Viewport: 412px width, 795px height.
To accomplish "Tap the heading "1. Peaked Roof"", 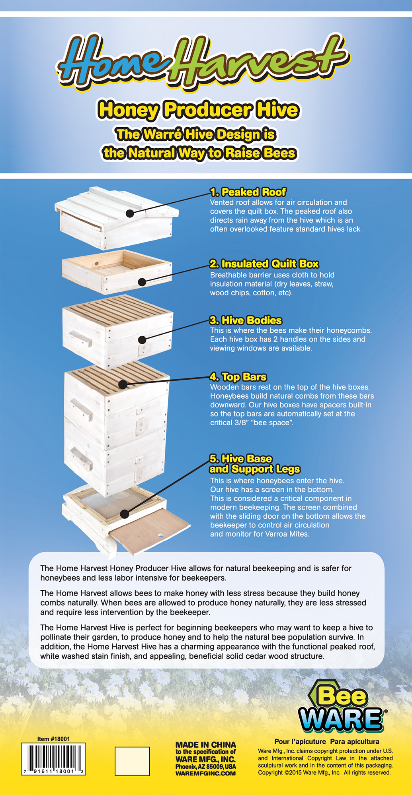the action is [x=248, y=192].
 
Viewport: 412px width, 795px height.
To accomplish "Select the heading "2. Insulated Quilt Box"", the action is [x=264, y=264].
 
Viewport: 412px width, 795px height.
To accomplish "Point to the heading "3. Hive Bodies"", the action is [x=246, y=320].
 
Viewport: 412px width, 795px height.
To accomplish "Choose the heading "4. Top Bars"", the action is [x=238, y=377].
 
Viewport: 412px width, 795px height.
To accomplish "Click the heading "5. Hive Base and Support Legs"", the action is [x=255, y=464].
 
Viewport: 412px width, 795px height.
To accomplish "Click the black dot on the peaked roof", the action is [x=129, y=213].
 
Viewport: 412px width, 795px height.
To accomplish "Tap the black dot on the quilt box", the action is [x=142, y=282].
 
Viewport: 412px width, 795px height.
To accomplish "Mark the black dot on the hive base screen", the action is [x=125, y=514].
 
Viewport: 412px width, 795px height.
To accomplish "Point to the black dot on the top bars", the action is [x=123, y=384].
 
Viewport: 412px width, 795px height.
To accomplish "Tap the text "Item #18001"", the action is [x=53, y=739].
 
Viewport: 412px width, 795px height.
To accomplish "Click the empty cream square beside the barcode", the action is [x=132, y=761].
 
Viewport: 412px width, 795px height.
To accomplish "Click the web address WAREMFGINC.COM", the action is [x=206, y=774].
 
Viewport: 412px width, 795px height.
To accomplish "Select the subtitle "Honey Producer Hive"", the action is [x=198, y=110].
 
